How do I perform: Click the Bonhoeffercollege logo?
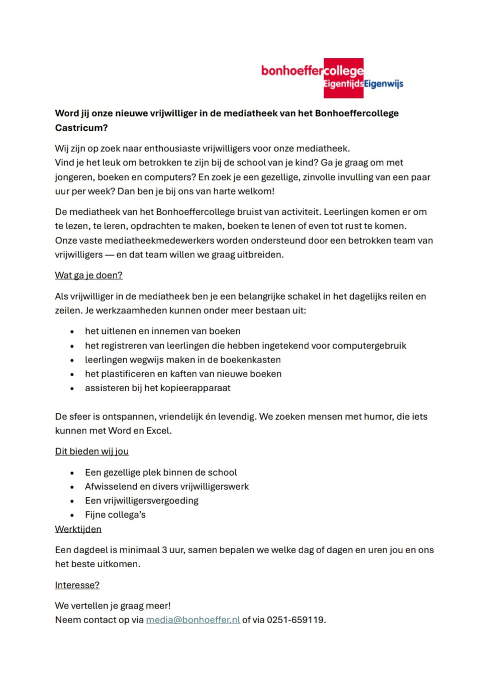[332, 77]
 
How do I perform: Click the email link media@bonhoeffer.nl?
[193, 620]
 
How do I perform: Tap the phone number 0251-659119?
[296, 620]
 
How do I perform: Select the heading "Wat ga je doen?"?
[88, 275]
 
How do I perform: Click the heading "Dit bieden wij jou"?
[91, 451]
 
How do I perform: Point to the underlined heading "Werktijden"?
[78, 529]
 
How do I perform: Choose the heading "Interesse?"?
[77, 585]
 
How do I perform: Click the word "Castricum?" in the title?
[81, 128]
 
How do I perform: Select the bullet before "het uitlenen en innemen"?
[72, 332]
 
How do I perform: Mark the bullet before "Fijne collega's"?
[72, 515]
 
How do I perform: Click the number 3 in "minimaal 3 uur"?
[164, 550]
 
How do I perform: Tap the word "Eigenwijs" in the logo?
[383, 84]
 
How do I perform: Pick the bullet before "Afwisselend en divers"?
[72, 487]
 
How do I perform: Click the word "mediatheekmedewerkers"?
[157, 240]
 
